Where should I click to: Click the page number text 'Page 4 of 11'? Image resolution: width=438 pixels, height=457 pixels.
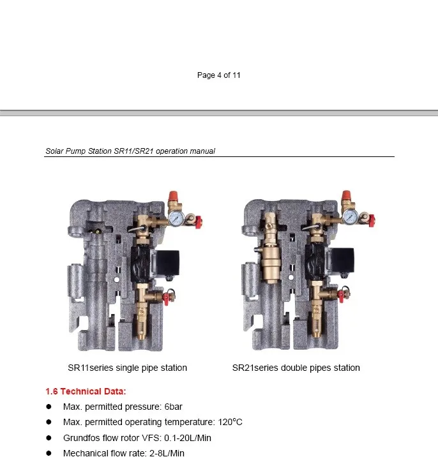218,75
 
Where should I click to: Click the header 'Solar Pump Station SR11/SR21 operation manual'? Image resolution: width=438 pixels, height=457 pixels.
130,151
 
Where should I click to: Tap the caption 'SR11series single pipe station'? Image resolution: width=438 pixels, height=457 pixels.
128,368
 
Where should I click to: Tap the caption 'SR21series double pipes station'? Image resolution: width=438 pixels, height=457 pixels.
296,368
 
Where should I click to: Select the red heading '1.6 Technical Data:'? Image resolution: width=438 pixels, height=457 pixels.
86,391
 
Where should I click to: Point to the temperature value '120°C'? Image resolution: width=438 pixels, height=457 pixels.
230,422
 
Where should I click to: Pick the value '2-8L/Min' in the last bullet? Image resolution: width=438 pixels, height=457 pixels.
167,453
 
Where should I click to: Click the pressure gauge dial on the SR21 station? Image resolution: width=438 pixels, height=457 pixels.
349,218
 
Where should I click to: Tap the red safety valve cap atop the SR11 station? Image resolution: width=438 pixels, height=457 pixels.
172,196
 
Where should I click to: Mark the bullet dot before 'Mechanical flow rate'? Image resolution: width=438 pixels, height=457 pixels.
49,453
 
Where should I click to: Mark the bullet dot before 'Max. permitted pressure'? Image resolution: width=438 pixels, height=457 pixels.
49,407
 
